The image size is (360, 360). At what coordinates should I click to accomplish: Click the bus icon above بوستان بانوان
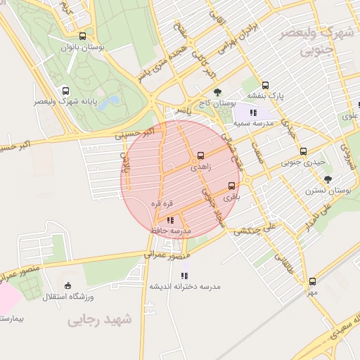click(x=83, y=37)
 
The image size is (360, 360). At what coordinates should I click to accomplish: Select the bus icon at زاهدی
click(x=202, y=155)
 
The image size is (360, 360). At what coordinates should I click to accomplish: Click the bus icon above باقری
click(x=231, y=186)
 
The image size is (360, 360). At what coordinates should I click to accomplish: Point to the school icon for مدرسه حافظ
click(x=170, y=221)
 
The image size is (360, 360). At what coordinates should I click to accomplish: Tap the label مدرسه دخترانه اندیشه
click(x=184, y=287)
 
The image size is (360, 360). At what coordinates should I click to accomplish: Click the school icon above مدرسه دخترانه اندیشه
click(x=184, y=276)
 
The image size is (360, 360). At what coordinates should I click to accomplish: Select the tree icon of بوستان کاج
click(x=217, y=92)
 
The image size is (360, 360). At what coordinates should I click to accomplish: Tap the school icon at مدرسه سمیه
click(x=252, y=112)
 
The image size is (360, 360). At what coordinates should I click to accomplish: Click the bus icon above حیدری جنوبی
click(x=303, y=151)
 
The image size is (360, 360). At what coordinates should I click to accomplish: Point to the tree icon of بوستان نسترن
click(x=328, y=179)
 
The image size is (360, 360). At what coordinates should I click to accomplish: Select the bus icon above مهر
click(x=312, y=281)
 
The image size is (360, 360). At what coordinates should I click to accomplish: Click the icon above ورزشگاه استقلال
click(x=67, y=285)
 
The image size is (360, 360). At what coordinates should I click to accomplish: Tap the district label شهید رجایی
click(x=98, y=321)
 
